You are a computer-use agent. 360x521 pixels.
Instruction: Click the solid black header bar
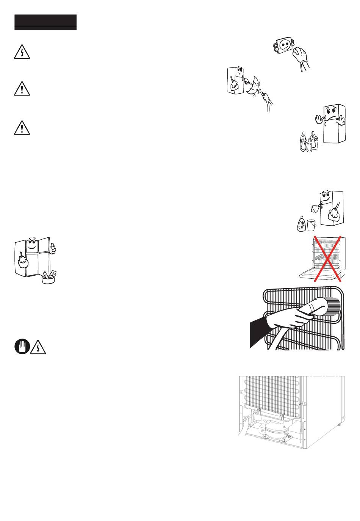(45, 22)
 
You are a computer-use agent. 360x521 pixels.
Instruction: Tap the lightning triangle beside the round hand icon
(38, 347)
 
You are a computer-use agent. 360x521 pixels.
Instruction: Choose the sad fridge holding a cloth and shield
(236, 80)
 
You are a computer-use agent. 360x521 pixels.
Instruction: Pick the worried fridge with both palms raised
(332, 124)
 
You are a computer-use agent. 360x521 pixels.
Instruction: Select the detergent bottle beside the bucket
(301, 224)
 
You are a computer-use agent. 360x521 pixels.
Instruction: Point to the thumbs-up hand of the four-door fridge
(53, 248)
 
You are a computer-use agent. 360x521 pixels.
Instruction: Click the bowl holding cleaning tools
(49, 278)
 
